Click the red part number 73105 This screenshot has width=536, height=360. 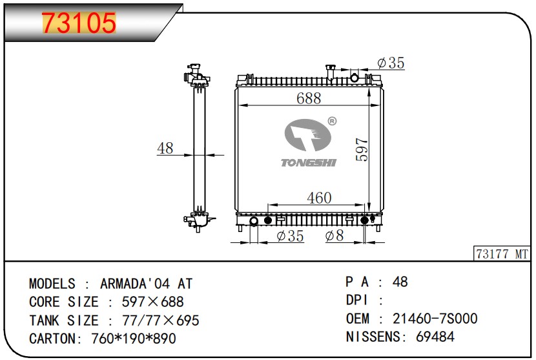[x=79, y=23]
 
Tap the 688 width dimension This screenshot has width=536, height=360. [x=309, y=98]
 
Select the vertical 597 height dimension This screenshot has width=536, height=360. [x=362, y=149]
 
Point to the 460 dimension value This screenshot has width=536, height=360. [x=319, y=198]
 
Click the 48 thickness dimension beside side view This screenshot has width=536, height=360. [x=165, y=148]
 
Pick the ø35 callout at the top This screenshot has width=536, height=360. [x=391, y=63]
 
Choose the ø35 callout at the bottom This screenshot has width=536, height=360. [x=290, y=236]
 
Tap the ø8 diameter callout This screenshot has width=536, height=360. [x=335, y=235]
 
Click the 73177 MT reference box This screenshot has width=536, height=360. [x=502, y=253]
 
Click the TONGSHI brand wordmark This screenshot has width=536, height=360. [x=309, y=162]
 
